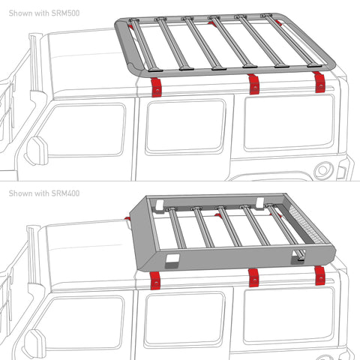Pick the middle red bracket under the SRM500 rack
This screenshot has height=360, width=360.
tap(253, 84)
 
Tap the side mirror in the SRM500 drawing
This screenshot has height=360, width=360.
tap(33, 149)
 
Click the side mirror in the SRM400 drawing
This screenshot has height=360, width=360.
tap(33, 343)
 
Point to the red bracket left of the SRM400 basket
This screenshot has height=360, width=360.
tap(130, 220)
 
